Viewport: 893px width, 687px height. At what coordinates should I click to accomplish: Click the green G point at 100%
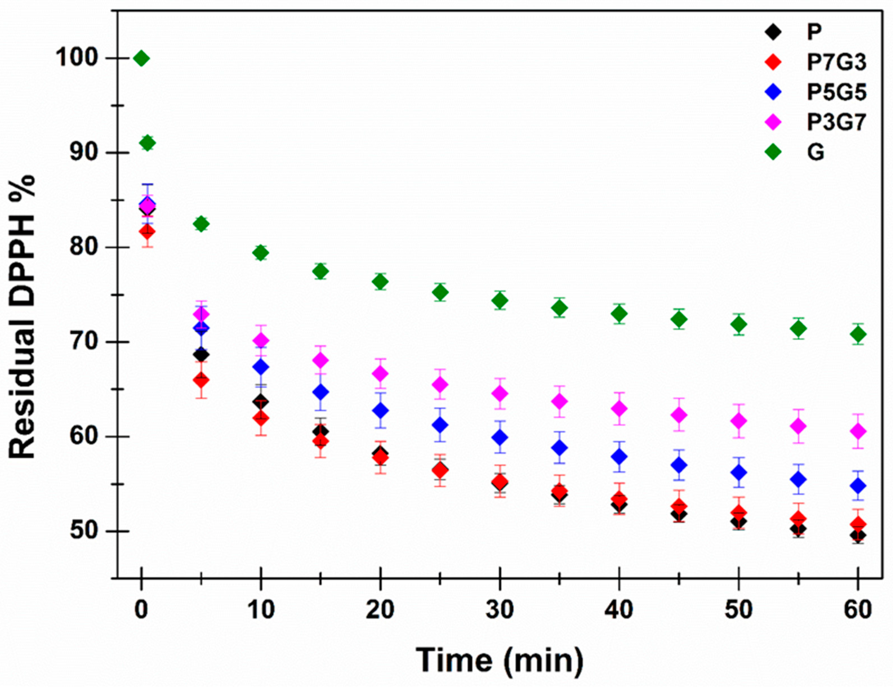pyautogui.click(x=141, y=59)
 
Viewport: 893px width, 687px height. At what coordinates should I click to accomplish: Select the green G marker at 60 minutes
pyautogui.click(x=858, y=334)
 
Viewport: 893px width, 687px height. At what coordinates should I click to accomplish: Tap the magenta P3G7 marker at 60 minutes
pyautogui.click(x=858, y=431)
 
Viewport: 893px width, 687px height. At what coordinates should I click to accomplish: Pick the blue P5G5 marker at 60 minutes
pyautogui.click(x=858, y=486)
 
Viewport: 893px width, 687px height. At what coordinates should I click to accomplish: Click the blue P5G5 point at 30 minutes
pyautogui.click(x=500, y=437)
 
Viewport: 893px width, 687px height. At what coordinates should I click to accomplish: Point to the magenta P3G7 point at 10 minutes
pyautogui.click(x=261, y=340)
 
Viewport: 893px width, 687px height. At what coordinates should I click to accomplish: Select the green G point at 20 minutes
pyautogui.click(x=380, y=282)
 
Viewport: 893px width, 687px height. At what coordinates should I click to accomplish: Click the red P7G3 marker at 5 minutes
pyautogui.click(x=201, y=380)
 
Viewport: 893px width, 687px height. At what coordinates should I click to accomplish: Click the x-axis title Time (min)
pyautogui.click(x=500, y=660)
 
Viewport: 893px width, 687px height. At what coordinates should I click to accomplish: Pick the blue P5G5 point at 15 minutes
pyautogui.click(x=320, y=392)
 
